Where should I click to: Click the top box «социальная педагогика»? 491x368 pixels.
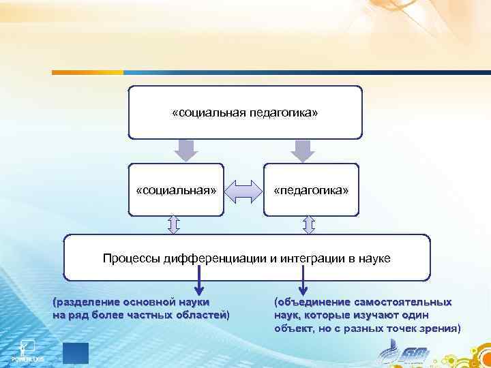coord(245,112)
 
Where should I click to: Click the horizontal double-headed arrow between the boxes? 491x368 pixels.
coord(243,191)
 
